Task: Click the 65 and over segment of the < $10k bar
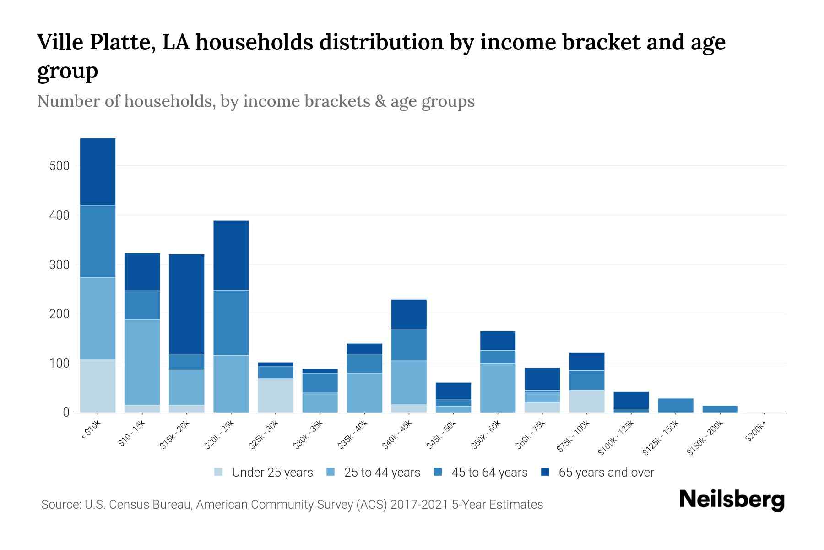pos(98,172)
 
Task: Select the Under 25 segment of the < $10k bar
pos(98,386)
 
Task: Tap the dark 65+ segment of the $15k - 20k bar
pos(187,304)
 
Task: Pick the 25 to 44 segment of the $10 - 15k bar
pos(142,362)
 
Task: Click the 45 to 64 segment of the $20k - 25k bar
pos(231,323)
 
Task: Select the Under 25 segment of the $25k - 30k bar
pos(276,395)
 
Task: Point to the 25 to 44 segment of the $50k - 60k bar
pos(498,388)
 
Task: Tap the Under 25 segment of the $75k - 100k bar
pos(586,401)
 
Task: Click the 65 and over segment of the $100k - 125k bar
pos(631,400)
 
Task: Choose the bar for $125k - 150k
pos(675,405)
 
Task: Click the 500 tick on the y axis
pos(60,166)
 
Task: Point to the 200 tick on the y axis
pos(60,314)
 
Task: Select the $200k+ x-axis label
pos(755,433)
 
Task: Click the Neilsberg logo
pos(732,500)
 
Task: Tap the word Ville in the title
pos(60,43)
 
